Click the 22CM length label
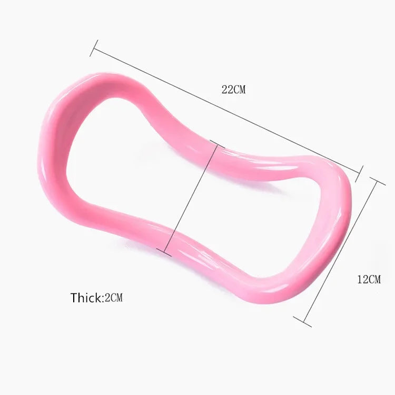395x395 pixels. (233, 90)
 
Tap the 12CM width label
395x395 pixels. (368, 279)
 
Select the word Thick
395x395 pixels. (86, 298)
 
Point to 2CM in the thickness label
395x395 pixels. (114, 298)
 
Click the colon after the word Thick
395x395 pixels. (103, 299)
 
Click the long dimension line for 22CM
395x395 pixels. (226, 111)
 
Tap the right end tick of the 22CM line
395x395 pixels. (361, 172)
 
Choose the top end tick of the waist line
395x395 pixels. (213, 143)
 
